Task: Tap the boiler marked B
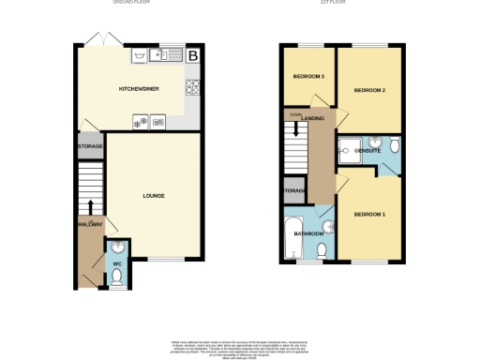(x=193, y=57)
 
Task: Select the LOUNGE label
(x=154, y=196)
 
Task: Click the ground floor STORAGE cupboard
(x=90, y=147)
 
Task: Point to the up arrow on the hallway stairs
(x=90, y=207)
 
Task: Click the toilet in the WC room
(x=116, y=277)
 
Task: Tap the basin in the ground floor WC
(x=117, y=248)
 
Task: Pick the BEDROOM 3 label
(x=308, y=76)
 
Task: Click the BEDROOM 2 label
(x=369, y=90)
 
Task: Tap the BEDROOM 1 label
(x=369, y=215)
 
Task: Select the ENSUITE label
(x=367, y=150)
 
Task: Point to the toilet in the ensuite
(x=395, y=146)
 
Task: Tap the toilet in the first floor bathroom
(x=322, y=250)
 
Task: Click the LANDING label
(x=312, y=118)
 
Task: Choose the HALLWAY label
(x=89, y=225)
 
